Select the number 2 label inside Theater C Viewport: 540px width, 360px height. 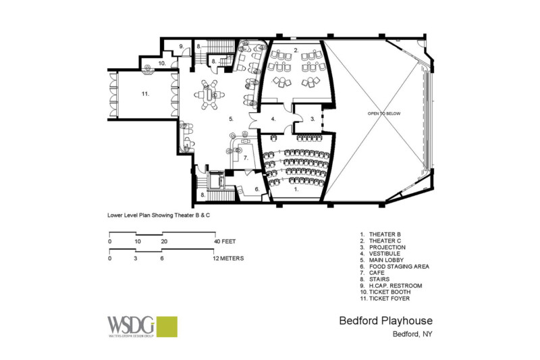(296, 51)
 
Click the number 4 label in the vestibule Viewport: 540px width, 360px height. (273, 119)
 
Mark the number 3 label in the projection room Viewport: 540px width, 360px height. (313, 119)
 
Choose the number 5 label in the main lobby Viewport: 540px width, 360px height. (231, 119)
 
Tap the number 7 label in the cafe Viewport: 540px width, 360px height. (246, 158)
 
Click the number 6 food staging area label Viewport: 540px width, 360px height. (256, 189)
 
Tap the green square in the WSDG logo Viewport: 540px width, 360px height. (165, 326)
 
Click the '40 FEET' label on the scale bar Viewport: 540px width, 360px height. (224, 241)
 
